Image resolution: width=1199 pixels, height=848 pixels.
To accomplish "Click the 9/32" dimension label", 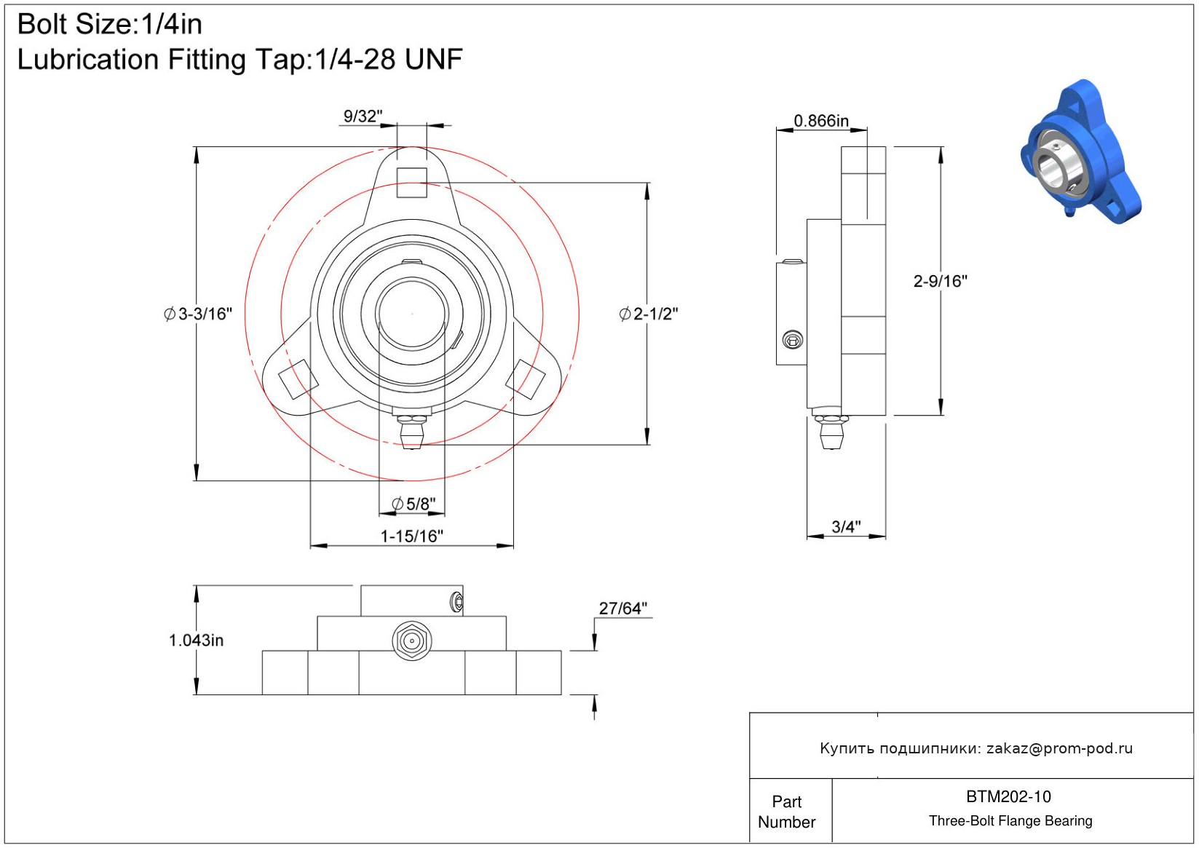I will [x=363, y=116].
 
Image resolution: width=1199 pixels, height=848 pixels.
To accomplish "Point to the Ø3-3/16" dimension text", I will [x=198, y=314].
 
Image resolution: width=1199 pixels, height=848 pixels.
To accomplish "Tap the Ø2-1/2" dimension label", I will [x=649, y=314].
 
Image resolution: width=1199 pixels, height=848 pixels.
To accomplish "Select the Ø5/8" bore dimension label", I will [x=413, y=504].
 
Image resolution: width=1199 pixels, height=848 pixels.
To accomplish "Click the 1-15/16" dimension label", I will [x=411, y=536].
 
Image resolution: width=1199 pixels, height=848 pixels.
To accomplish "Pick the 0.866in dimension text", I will [x=821, y=121].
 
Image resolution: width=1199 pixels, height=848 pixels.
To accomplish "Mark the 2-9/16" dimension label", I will [x=940, y=281].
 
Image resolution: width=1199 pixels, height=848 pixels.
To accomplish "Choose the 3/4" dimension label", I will [x=846, y=526].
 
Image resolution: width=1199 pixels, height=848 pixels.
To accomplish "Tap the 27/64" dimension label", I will [x=622, y=608].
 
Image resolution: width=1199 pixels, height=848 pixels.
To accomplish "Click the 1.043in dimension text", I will [x=197, y=641].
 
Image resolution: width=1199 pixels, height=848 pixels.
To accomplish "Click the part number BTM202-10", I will [x=1008, y=797].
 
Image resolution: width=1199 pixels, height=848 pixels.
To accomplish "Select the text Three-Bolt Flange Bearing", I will [x=1010, y=821].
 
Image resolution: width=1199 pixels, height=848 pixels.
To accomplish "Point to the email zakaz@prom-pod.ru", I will [x=1059, y=748].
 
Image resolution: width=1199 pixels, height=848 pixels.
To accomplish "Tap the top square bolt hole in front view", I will [x=412, y=183].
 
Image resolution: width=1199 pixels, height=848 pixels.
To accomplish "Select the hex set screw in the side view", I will [x=792, y=339].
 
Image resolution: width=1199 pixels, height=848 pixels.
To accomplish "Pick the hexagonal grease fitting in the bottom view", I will [x=412, y=641].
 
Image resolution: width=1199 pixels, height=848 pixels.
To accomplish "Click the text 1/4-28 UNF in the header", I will [x=388, y=60].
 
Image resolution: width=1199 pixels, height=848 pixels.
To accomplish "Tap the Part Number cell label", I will [x=786, y=812].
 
